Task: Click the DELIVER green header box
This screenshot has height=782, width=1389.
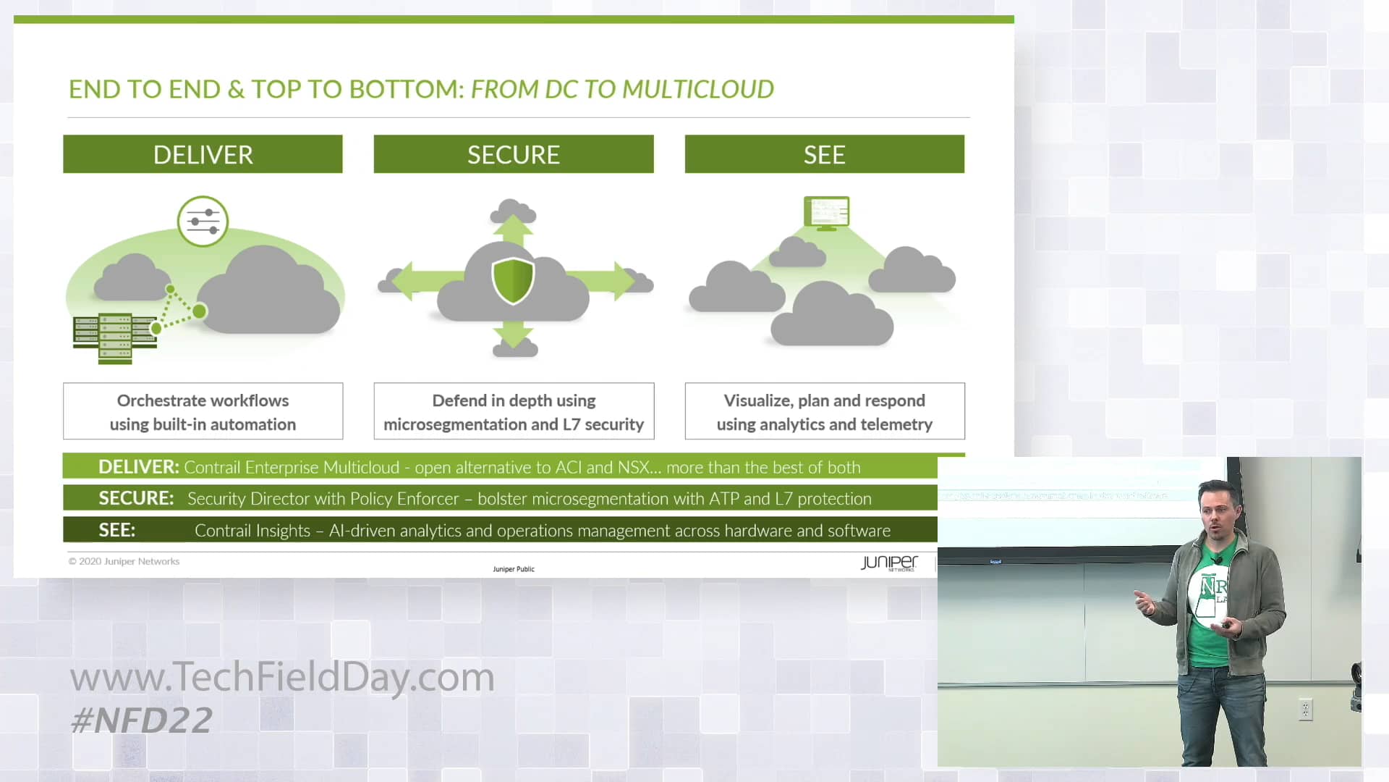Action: click(x=203, y=154)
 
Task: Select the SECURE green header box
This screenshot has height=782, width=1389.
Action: click(x=514, y=154)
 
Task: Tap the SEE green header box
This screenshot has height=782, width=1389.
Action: click(x=825, y=154)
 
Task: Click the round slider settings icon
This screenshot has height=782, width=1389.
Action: click(x=203, y=221)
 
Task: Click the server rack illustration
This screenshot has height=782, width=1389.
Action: click(x=115, y=338)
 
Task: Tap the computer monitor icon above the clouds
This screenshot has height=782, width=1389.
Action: click(x=827, y=213)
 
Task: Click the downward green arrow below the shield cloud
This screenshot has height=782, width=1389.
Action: click(x=513, y=333)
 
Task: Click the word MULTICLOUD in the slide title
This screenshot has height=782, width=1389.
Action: click(x=698, y=89)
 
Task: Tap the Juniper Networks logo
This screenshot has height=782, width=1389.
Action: click(x=889, y=563)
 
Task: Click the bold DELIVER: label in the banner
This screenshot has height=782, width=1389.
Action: click(x=138, y=467)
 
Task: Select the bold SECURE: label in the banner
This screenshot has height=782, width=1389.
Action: click(x=136, y=498)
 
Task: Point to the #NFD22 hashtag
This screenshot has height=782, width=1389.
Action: click(x=142, y=720)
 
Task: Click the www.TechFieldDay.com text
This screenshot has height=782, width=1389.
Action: click(x=282, y=678)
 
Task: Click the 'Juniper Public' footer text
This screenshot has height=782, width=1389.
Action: click(x=514, y=569)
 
